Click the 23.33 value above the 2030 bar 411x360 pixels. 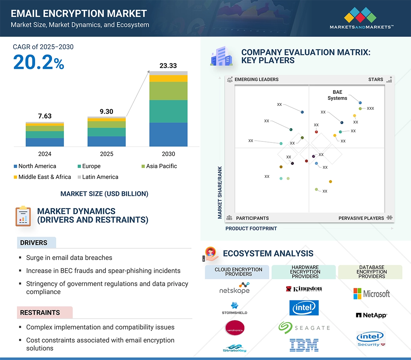pyautogui.click(x=168, y=66)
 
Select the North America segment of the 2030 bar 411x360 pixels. pyautogui.click(x=168, y=134)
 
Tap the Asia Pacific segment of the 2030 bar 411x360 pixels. pyautogui.click(x=168, y=91)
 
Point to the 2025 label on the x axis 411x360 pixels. pyautogui.click(x=106, y=154)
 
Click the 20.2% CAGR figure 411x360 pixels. pyautogui.click(x=39, y=62)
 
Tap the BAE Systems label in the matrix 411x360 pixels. pyautogui.click(x=337, y=95)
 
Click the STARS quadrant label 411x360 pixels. pyautogui.click(x=376, y=79)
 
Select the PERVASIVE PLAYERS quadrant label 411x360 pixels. pyautogui.click(x=361, y=218)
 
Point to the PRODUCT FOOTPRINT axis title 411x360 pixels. pyautogui.click(x=251, y=228)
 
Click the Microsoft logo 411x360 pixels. pyautogui.click(x=371, y=294)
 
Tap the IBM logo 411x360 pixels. pyautogui.click(x=304, y=345)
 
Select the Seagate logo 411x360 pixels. pyautogui.click(x=304, y=327)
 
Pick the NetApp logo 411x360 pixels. pyautogui.click(x=371, y=315)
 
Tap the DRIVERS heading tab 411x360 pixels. pyautogui.click(x=34, y=242)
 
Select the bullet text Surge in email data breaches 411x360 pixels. pyautogui.click(x=69, y=258)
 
